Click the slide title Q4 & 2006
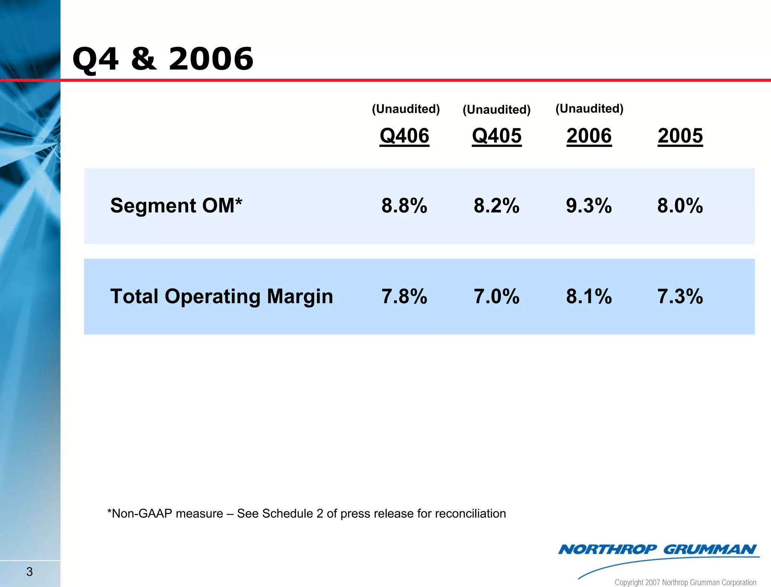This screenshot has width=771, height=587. coord(163,59)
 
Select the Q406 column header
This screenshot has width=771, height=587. coord(404,136)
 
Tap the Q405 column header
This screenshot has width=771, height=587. coord(497,136)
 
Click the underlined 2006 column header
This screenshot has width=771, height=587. coord(589,136)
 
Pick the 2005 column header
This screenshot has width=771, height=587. coord(680,136)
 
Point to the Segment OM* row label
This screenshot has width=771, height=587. coord(176,206)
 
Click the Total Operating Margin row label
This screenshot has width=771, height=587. coord(221,296)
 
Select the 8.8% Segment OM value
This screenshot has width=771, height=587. coord(404,206)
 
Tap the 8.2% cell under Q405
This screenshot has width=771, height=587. coord(497,206)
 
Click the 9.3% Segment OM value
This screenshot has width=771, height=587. coord(589,206)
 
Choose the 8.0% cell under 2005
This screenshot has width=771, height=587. coord(680,206)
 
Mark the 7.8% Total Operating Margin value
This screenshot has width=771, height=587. coord(404,296)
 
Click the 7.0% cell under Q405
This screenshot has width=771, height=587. coord(497,296)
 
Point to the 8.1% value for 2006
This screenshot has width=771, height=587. coord(589,296)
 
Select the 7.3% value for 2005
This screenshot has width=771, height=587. coord(680,296)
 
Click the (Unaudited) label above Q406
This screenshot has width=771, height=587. coord(406,109)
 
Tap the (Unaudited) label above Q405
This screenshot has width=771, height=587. coord(497,110)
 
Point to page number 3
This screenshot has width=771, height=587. coord(30,572)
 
